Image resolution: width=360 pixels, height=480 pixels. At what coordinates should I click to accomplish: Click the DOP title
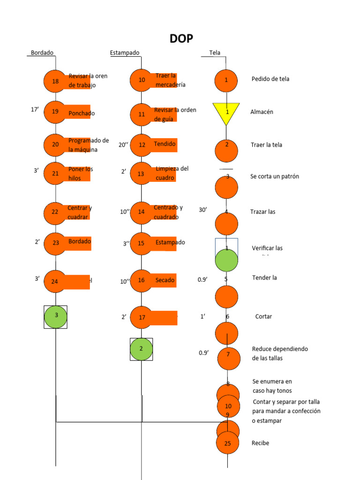(x=181, y=39)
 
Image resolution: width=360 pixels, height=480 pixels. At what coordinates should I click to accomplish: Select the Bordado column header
(x=42, y=53)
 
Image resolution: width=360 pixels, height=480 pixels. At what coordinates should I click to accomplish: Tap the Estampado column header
(x=125, y=53)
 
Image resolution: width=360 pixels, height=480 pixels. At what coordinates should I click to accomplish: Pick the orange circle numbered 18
(x=55, y=81)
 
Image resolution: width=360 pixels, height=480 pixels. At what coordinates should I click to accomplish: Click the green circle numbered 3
(x=56, y=316)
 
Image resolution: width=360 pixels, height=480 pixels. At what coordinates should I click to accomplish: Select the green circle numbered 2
(x=141, y=349)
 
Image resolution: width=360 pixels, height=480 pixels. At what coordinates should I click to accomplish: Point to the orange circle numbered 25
(x=228, y=443)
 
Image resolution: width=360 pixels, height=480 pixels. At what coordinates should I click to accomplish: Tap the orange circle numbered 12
(x=142, y=145)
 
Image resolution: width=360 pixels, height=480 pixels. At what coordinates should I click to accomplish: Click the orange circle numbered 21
(x=55, y=173)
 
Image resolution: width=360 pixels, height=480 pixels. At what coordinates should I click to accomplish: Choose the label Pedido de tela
(x=270, y=79)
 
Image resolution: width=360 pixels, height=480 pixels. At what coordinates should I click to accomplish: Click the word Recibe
(x=261, y=443)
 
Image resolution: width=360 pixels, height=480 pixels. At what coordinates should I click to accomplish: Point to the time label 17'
(x=35, y=110)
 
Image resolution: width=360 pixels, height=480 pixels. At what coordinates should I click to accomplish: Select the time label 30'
(x=203, y=210)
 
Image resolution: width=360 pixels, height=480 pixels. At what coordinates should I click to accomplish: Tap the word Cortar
(x=263, y=316)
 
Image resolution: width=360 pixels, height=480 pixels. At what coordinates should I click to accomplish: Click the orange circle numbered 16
(x=142, y=281)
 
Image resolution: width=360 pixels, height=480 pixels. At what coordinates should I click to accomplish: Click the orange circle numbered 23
(x=55, y=243)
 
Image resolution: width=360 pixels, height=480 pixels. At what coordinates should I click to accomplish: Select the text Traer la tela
(x=266, y=145)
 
